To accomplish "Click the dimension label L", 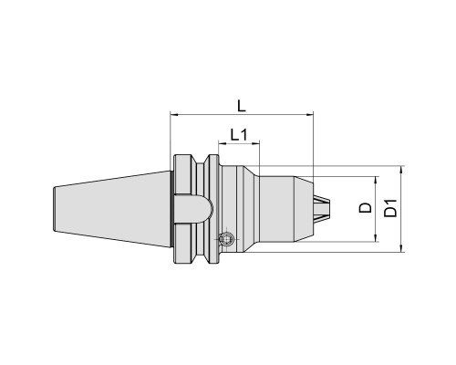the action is pos(242,106).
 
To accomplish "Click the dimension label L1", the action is pos(239,134).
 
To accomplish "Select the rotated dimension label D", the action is pos(365,208).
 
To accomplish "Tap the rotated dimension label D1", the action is pos(390,208).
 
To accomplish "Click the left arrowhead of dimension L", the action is pos(174,115).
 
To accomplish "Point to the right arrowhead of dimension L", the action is pos(309,115).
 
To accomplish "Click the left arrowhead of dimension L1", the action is pos(223,142).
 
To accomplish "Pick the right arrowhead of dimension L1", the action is pos(256,142).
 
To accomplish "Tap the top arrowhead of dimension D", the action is pos(377,180).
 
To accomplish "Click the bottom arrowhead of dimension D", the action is pos(377,238).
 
